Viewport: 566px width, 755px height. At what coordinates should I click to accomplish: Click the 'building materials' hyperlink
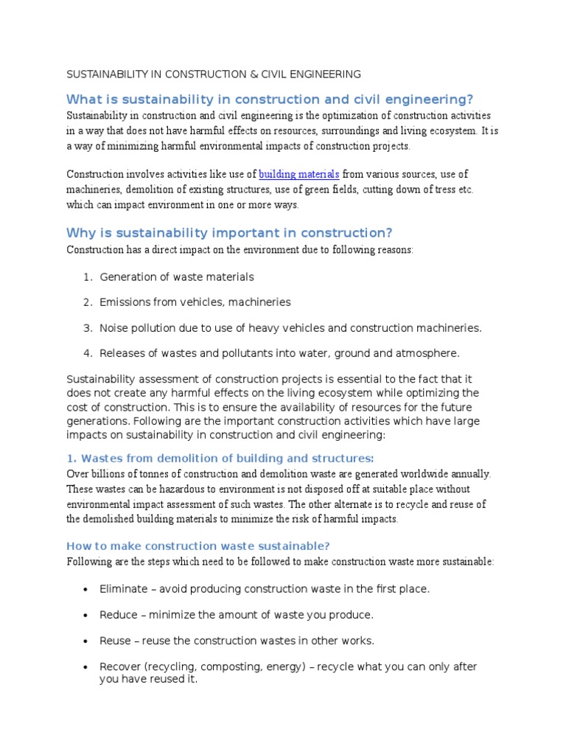pyautogui.click(x=298, y=175)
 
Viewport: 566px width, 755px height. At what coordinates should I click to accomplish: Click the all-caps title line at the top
pyautogui.click(x=214, y=74)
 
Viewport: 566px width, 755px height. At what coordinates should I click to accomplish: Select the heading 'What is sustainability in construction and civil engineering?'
pyautogui.click(x=269, y=100)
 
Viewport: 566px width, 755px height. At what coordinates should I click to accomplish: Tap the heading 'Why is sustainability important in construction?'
pyautogui.click(x=229, y=233)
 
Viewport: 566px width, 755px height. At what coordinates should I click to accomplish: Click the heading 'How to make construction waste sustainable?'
pyautogui.click(x=198, y=546)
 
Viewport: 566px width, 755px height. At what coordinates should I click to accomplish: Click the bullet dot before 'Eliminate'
pyautogui.click(x=86, y=590)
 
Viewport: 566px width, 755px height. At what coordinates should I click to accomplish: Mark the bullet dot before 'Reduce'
pyautogui.click(x=86, y=615)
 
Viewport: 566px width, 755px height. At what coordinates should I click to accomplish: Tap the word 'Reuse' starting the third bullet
pyautogui.click(x=115, y=640)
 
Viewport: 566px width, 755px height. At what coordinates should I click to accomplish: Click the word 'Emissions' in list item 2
pyautogui.click(x=125, y=302)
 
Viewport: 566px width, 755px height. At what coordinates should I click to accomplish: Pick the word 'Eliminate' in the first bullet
pyautogui.click(x=122, y=589)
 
